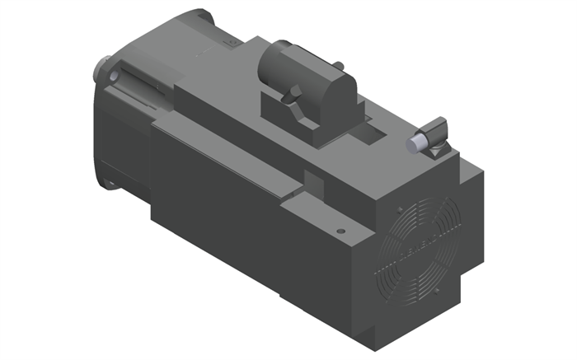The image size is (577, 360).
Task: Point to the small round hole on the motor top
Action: [x=340, y=231]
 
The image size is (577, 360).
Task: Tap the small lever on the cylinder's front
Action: [x=292, y=96]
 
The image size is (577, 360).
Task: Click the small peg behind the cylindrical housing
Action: [x=336, y=64]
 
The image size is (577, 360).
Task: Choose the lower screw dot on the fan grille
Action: [x=448, y=295]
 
